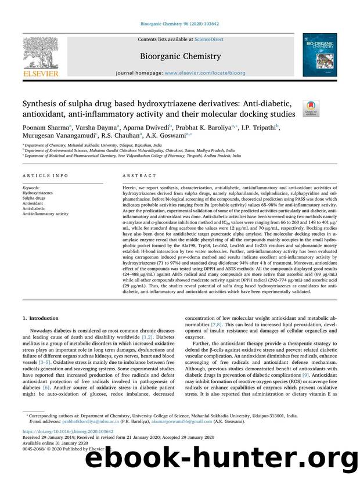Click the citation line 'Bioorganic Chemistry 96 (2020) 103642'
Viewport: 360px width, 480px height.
[x=179, y=24]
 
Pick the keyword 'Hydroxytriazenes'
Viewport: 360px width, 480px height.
[x=38, y=193]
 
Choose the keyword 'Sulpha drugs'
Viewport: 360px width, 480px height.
[x=35, y=199]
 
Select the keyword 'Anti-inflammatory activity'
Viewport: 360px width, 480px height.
[x=45, y=214]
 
